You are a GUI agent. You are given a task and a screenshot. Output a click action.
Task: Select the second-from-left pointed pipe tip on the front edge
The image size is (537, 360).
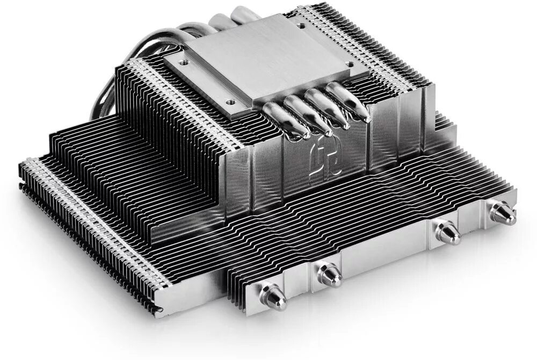coord(329,274)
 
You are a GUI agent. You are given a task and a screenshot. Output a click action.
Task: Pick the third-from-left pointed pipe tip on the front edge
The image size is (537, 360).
coord(447,232)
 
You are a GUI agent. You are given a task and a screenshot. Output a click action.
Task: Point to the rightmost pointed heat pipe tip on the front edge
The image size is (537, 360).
coord(503,213)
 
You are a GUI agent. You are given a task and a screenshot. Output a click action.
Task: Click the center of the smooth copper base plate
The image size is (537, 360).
coord(252,64)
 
